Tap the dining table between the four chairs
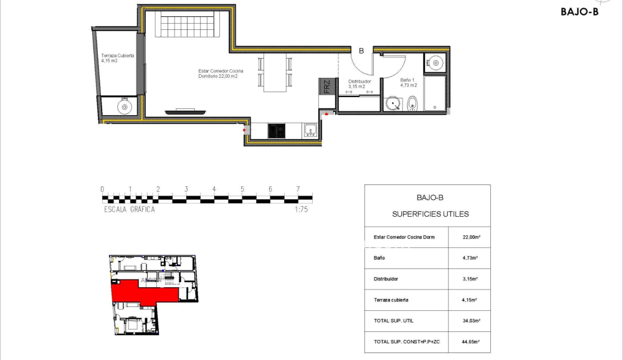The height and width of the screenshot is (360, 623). click(x=274, y=72)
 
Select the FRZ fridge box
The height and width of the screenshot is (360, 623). click(x=326, y=87)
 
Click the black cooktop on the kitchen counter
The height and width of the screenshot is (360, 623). click(x=277, y=131)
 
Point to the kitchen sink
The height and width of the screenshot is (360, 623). click(x=310, y=131)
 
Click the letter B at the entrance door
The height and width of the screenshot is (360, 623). click(x=361, y=52)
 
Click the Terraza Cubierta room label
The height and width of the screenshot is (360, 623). click(x=117, y=55)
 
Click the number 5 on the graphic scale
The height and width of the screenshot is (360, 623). click(x=242, y=189)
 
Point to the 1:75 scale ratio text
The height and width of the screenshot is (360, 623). click(x=302, y=210)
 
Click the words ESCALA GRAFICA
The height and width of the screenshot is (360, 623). click(x=130, y=210)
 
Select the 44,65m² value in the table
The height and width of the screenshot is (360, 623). click(x=468, y=342)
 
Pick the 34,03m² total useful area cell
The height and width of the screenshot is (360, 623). click(x=468, y=321)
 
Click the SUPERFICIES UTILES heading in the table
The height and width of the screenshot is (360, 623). click(x=430, y=214)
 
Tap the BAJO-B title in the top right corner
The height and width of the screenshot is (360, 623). click(x=579, y=11)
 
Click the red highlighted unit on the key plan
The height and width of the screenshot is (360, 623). click(x=140, y=292)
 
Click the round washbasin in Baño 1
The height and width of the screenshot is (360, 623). click(x=393, y=104)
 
